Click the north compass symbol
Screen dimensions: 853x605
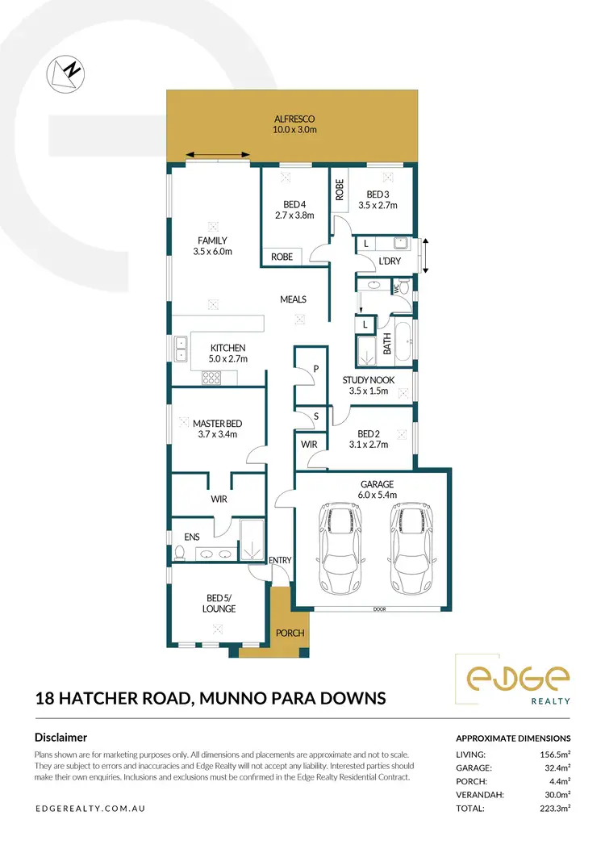65,72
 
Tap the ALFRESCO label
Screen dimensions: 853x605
294,118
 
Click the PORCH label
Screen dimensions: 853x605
290,633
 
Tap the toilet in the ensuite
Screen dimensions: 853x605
180,553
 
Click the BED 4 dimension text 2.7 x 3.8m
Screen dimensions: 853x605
294,215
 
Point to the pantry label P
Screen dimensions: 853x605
315,367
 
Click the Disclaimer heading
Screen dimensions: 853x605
60,737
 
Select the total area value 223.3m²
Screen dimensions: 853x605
554,808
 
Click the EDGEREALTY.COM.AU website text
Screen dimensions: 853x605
90,808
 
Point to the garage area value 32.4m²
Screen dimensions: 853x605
557,767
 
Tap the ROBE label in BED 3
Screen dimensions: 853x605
340,190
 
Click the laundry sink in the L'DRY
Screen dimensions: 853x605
399,243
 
